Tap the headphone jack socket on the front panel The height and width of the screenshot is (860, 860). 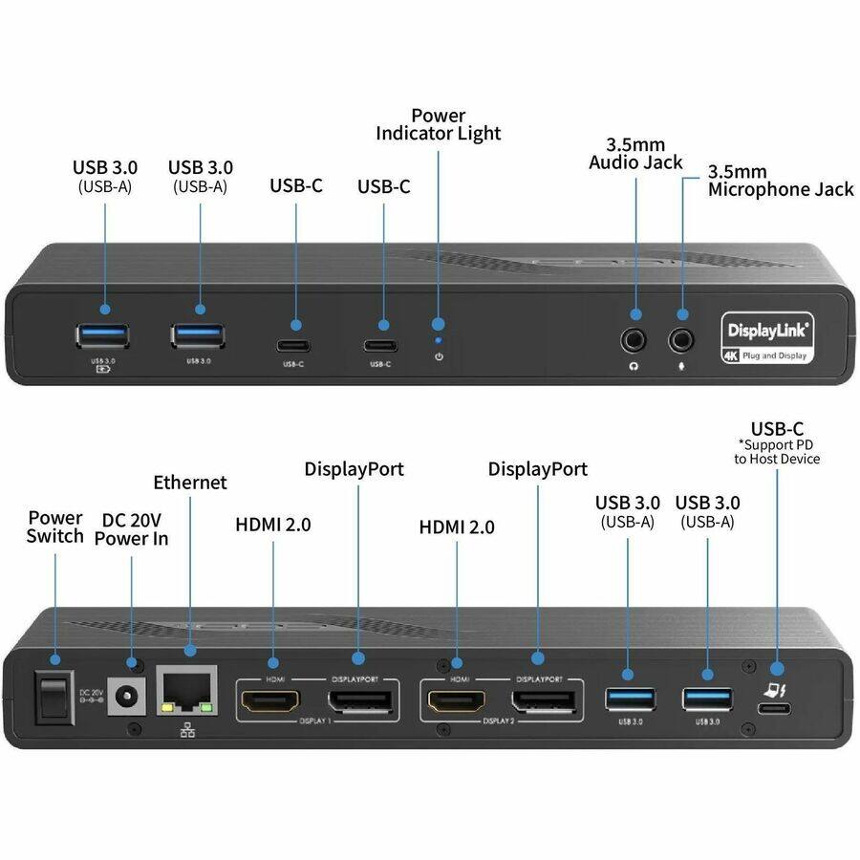(634, 338)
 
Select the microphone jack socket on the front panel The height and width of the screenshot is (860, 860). (681, 338)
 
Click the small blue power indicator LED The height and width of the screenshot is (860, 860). (439, 339)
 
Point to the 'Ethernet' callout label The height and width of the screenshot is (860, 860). (190, 482)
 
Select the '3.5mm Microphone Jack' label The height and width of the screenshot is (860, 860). (779, 181)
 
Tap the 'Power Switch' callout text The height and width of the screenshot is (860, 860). (54, 527)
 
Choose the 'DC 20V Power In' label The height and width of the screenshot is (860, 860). (131, 528)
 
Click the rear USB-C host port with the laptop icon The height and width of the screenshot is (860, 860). (773, 709)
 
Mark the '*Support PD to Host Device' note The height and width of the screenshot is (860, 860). (777, 452)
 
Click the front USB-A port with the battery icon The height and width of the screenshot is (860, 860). (102, 335)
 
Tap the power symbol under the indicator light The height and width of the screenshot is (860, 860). (439, 356)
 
